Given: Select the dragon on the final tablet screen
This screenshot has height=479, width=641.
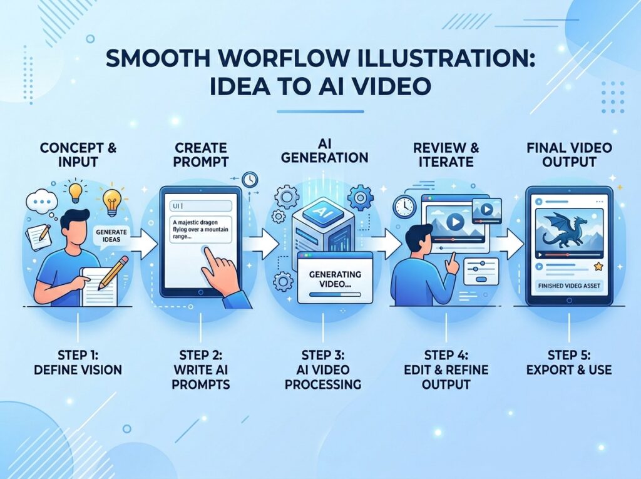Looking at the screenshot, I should (566, 229).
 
